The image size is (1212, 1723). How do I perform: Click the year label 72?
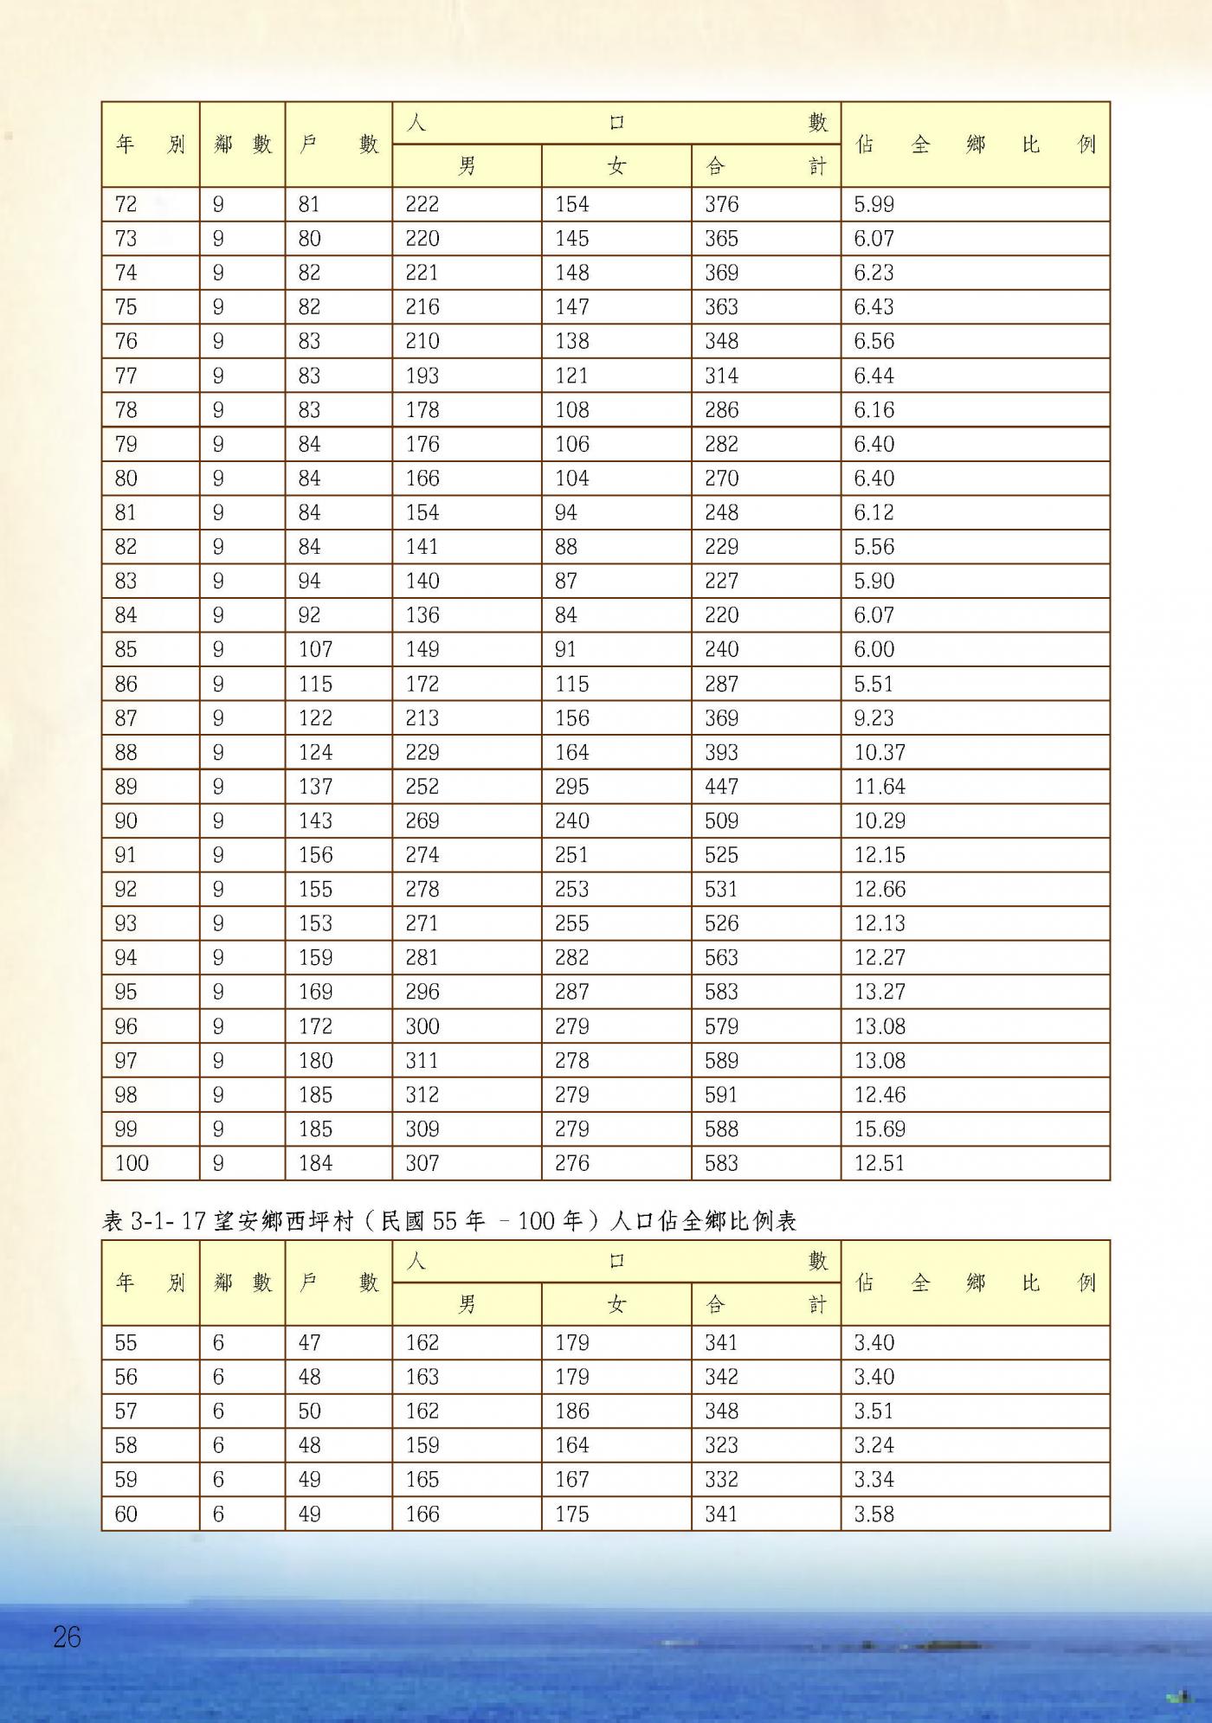[126, 204]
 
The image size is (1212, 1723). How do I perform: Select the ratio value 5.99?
[874, 204]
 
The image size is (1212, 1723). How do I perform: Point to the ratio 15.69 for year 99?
[880, 1128]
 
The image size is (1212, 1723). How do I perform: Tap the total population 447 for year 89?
[721, 787]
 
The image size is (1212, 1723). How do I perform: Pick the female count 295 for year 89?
[571, 787]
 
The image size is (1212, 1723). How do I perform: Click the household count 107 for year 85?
[315, 649]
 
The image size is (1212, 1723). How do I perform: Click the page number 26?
[67, 1636]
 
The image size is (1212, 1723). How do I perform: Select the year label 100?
[132, 1163]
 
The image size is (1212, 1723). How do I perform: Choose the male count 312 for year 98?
[422, 1095]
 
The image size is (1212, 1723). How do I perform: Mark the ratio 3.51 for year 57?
[874, 1411]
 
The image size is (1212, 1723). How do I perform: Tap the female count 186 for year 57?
[571, 1411]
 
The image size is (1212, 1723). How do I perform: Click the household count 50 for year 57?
[309, 1411]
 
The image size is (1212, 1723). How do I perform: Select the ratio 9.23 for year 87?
[874, 718]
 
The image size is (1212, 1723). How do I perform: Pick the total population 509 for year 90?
[721, 820]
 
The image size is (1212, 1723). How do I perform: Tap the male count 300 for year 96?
[422, 1026]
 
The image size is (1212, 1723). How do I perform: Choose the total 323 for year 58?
[721, 1445]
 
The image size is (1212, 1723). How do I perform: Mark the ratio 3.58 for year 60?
[874, 1514]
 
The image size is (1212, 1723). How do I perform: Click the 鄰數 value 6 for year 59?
[218, 1480]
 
